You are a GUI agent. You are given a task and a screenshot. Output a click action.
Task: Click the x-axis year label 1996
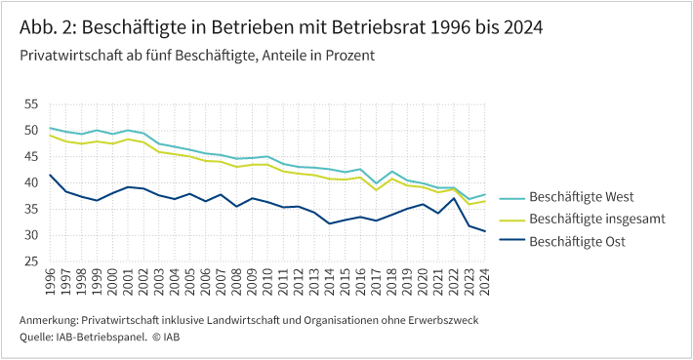point(49,284)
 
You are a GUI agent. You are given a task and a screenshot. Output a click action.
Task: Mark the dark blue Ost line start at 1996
point(49,175)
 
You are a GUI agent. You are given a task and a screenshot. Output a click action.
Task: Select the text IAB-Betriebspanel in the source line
point(103,337)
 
